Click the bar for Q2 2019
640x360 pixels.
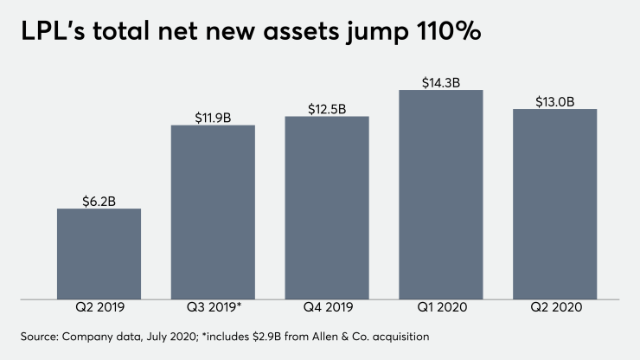coord(99,254)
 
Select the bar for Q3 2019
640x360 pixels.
coord(213,213)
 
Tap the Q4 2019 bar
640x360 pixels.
coord(327,209)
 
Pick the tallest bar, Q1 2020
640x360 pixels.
coord(441,196)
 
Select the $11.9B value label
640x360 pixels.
coord(213,117)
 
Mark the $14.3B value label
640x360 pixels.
coord(441,81)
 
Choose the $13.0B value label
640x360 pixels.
coord(554,101)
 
